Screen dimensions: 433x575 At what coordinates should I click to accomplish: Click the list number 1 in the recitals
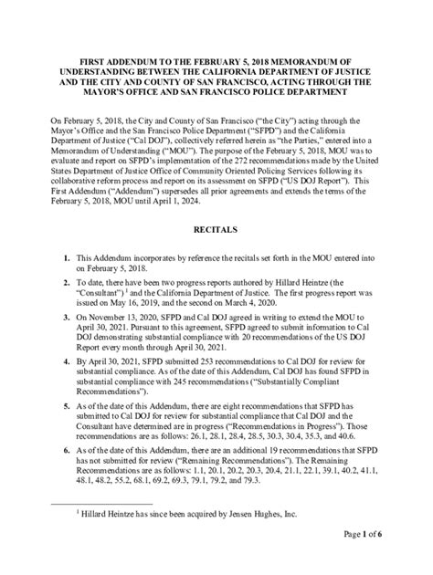(68, 262)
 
